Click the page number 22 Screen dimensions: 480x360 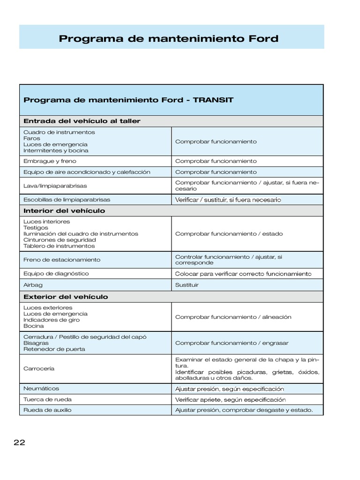click(19, 443)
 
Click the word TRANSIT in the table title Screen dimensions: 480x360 click(213, 100)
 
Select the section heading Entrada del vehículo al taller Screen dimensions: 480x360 click(82, 121)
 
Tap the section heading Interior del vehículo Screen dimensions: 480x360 click(64, 210)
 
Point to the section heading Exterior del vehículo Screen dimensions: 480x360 click(66, 297)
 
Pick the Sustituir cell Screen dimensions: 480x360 click(187, 285)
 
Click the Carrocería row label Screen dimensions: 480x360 click(39, 368)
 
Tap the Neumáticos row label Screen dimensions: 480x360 click(41, 389)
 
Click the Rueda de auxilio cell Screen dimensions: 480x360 click(47, 410)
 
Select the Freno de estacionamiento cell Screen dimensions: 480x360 click(62, 259)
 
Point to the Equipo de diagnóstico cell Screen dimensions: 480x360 click(56, 273)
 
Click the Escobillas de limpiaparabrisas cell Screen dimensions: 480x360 click(67, 199)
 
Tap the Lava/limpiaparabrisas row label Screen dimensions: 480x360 click(55, 186)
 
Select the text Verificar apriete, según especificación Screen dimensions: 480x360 click(230, 400)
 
